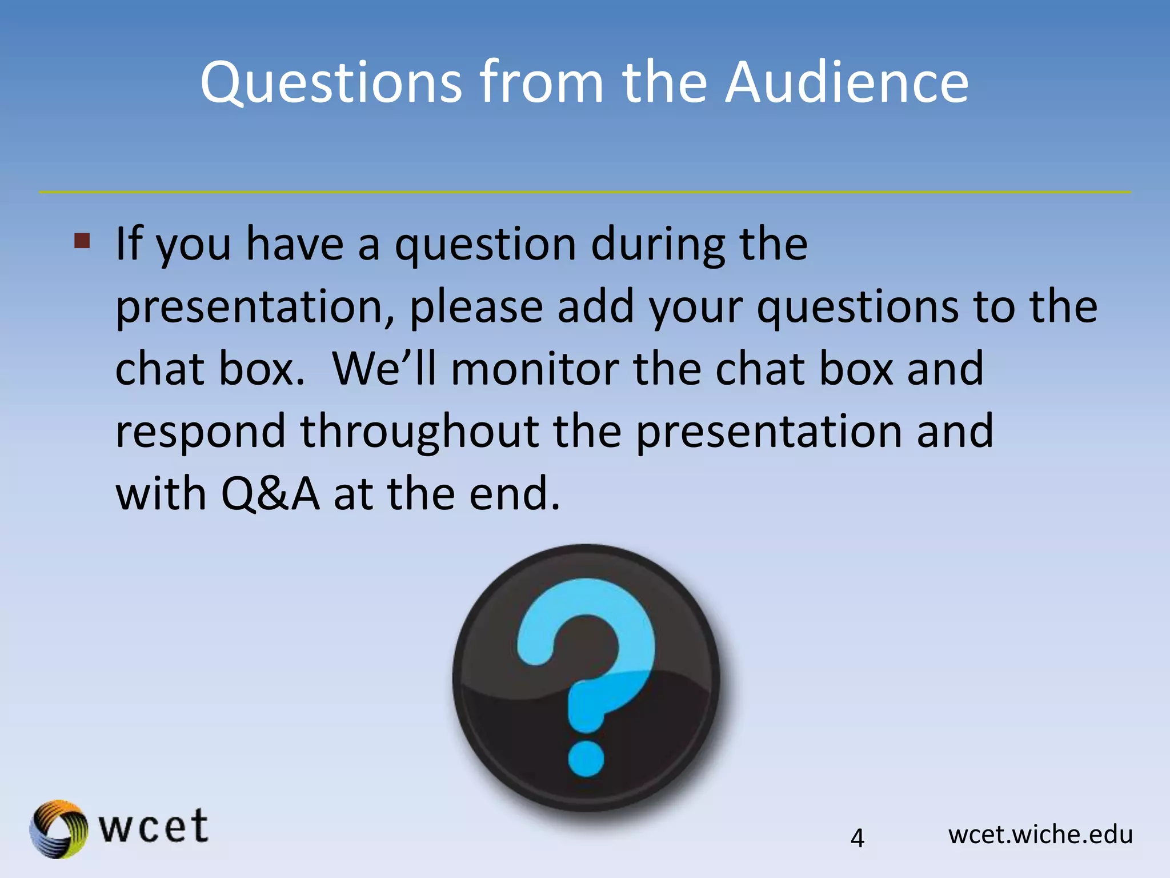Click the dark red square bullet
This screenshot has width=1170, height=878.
[x=82, y=241]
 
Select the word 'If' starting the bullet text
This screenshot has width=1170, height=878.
[x=129, y=244]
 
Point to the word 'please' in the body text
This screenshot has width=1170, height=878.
[x=476, y=307]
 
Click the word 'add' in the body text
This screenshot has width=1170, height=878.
[x=595, y=307]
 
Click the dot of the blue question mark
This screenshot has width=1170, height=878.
[x=586, y=759]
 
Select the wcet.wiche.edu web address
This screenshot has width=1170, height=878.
[x=1040, y=835]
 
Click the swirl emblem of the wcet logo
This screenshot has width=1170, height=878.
[x=58, y=829]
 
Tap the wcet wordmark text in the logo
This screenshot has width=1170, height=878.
[x=153, y=827]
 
